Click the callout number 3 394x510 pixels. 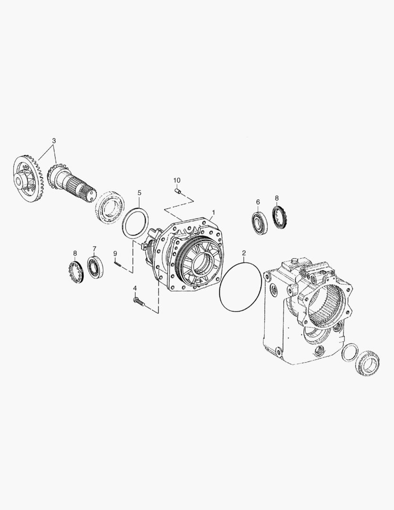(54, 141)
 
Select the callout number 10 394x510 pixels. (176, 180)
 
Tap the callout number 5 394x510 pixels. (139, 193)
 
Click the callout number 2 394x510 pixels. (243, 253)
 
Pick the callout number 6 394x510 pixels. (258, 202)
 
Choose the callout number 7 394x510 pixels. (94, 248)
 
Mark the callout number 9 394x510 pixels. (115, 254)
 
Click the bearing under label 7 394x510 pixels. (94, 269)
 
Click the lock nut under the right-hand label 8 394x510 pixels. (280, 217)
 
